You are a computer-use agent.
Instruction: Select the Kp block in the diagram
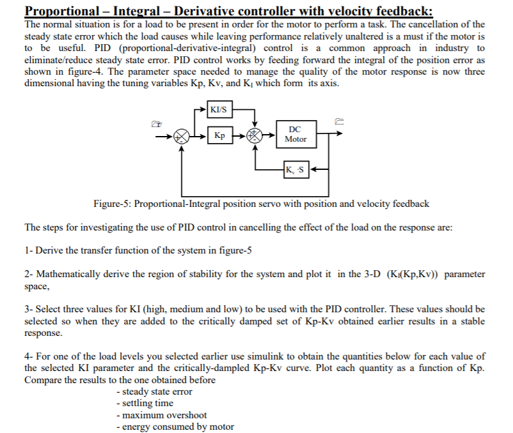219,135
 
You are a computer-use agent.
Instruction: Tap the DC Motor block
295,134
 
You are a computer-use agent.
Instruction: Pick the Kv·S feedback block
297,170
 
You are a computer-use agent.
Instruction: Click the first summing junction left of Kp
183,135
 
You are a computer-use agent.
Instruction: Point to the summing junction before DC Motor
255,135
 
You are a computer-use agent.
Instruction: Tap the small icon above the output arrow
340,119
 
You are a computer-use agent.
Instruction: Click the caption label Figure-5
114,204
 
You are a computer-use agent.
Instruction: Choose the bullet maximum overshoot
161,414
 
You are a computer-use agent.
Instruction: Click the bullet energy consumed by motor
175,426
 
